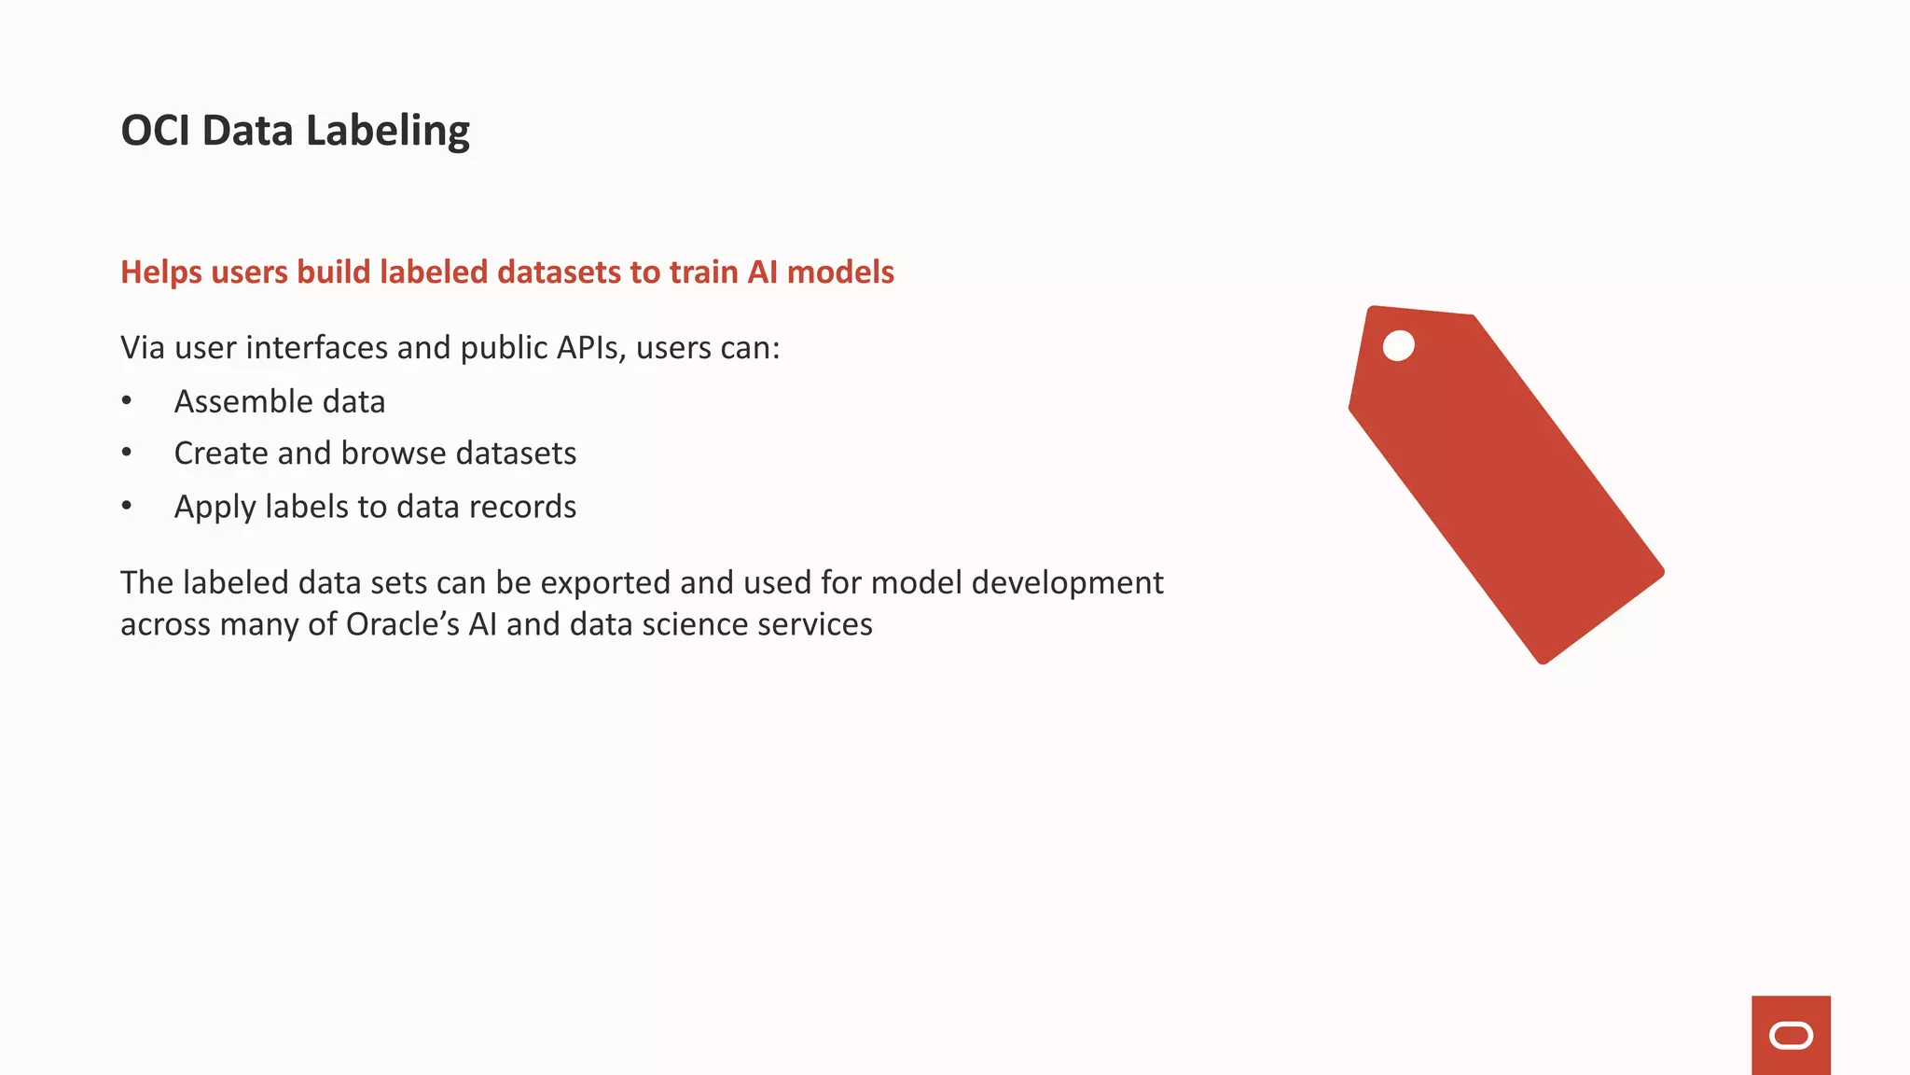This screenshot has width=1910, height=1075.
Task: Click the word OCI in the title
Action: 156,131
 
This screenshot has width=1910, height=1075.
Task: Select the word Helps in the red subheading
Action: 161,272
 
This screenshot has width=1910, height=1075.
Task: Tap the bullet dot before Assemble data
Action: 127,401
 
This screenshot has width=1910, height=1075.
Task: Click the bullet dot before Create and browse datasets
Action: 127,454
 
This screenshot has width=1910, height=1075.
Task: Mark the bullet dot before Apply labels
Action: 127,507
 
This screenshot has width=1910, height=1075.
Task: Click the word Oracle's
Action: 403,624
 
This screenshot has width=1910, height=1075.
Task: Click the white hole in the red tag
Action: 1398,345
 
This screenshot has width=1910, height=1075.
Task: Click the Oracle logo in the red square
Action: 1791,1036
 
